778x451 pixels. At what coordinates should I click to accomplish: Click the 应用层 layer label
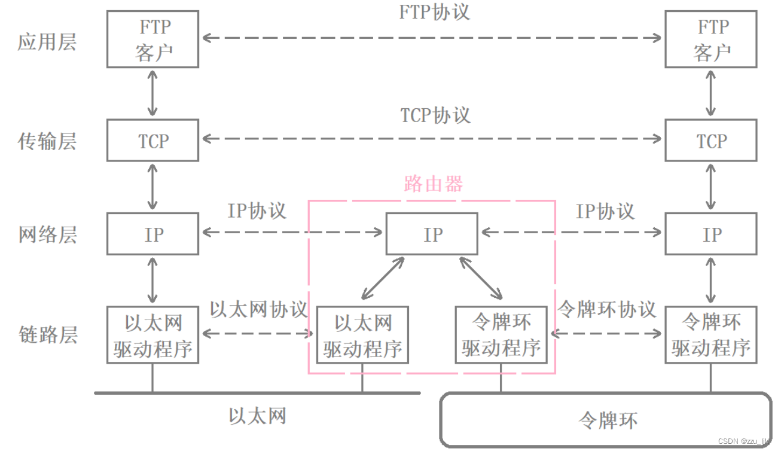point(47,42)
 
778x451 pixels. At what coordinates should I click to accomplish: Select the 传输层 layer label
point(47,142)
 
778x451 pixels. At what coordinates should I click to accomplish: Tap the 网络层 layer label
point(47,234)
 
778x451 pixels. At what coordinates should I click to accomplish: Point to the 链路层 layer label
point(48,334)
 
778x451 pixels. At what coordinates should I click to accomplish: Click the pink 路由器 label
point(434,184)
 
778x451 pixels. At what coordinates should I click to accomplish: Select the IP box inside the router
point(432,234)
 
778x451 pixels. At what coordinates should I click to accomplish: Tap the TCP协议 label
point(435,115)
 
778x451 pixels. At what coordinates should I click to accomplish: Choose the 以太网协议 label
point(258,309)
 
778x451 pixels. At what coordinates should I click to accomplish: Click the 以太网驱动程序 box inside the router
point(362,335)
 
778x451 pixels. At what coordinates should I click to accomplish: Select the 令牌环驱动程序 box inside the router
point(501,335)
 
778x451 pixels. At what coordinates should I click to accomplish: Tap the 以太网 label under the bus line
point(257,416)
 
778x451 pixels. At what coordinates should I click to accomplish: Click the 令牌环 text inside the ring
point(608,420)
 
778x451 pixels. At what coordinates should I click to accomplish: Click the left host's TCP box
point(153,141)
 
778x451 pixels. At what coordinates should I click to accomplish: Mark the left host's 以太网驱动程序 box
point(153,335)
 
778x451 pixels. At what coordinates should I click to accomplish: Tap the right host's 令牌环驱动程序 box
point(711,335)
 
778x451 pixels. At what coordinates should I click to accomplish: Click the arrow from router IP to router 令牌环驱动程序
point(481,278)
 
